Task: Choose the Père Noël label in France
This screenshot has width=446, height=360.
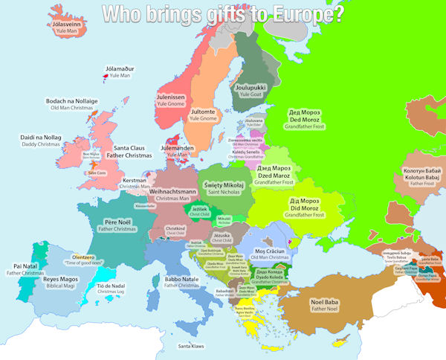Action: (x=118, y=222)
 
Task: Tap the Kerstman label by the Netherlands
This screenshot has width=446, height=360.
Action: (x=135, y=180)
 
